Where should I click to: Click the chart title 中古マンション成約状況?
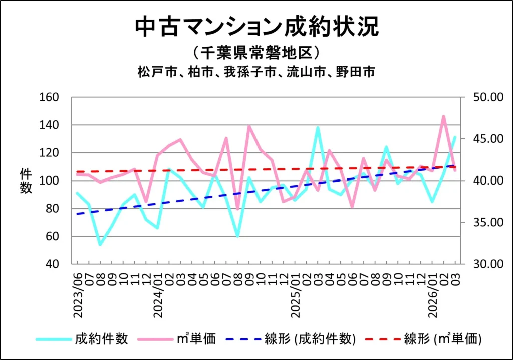[256, 27]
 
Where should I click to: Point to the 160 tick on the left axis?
[50, 97]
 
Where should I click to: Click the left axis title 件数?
[26, 181]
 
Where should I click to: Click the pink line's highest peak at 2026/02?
[443, 116]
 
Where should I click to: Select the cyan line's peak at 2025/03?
[318, 127]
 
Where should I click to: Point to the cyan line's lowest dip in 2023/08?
[100, 244]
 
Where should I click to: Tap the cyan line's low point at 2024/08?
[237, 236]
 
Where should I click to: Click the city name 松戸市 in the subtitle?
[152, 72]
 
